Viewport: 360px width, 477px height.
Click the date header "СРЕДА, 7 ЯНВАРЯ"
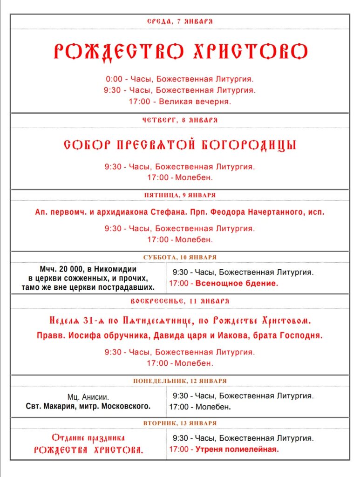tap(180, 21)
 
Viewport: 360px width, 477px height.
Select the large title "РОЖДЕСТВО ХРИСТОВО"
tap(180, 52)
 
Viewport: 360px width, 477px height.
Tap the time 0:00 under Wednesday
tap(114, 79)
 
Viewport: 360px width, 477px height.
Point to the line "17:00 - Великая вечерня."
tap(180, 101)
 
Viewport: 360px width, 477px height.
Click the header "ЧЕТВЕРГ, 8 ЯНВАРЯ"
tap(180, 120)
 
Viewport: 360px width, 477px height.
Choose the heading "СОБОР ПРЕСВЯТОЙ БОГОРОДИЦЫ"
tap(180, 145)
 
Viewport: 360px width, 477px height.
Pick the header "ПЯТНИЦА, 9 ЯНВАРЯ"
tap(180, 195)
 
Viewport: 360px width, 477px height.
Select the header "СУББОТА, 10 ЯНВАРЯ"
tap(180, 257)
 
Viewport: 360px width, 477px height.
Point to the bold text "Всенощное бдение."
tap(237, 283)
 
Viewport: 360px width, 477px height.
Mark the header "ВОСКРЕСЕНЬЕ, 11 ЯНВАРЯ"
tap(180, 301)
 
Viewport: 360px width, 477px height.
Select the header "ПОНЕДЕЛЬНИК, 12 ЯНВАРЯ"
tap(180, 381)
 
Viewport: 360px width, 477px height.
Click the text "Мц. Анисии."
tap(88, 397)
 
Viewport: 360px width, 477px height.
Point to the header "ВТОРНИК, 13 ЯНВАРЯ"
tap(180, 423)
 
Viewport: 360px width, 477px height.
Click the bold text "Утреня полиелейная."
tap(237, 450)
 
